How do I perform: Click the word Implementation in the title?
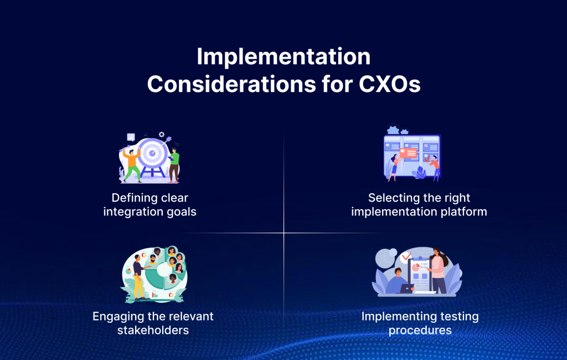pyautogui.click(x=283, y=58)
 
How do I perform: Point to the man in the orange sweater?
pyautogui.click(x=131, y=163)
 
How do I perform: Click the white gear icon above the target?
pyautogui.click(x=162, y=134)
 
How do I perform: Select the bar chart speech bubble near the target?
pyautogui.click(x=131, y=137)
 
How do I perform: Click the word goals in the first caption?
pyautogui.click(x=182, y=212)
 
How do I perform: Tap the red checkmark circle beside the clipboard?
pyautogui.click(x=406, y=256)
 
